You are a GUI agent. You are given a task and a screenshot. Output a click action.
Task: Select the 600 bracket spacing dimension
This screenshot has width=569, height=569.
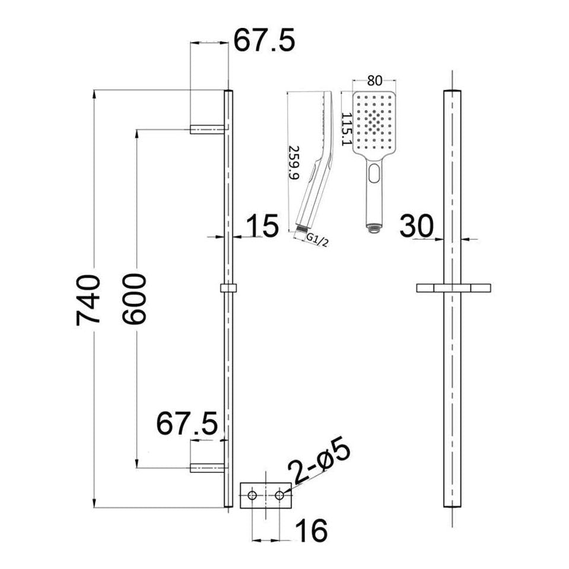(x=134, y=298)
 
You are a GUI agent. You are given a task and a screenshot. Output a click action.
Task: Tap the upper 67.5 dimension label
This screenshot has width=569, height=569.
(x=263, y=42)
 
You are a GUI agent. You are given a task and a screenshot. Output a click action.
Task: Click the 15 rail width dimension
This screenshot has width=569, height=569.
(x=261, y=226)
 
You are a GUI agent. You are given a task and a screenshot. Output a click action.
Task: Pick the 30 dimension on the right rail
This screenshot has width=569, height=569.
(x=416, y=226)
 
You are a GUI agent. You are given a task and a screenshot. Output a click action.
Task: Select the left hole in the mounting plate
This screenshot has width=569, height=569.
(x=253, y=495)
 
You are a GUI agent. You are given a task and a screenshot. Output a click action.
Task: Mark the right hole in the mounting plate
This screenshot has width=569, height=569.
(x=280, y=495)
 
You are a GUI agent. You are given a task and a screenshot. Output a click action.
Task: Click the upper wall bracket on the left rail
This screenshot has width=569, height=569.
(x=208, y=128)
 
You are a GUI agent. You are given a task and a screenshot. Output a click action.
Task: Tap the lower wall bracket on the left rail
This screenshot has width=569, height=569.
(x=207, y=467)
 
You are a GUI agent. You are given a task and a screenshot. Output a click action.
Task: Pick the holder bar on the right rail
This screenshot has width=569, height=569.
(x=454, y=288)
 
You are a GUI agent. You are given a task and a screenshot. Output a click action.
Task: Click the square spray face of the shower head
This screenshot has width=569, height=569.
(x=374, y=122)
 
